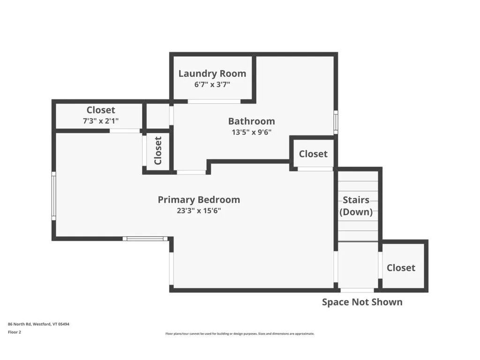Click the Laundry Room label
coord(212,74)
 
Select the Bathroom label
coord(251,121)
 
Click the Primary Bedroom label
coord(199,200)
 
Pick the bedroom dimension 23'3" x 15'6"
coord(199,210)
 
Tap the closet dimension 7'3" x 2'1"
coord(100,120)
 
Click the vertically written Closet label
coord(158,150)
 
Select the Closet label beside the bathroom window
coord(313,154)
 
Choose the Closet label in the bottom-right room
coord(401,268)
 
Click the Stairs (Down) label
coord(356,206)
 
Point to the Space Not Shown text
coord(362,302)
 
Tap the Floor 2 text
coord(15,332)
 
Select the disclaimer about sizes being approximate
coord(240,334)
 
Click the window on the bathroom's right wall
coord(336,122)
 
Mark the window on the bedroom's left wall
coord(54,195)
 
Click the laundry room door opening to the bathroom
coord(214,101)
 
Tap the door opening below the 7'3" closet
coord(125,131)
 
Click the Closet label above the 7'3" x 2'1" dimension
coord(100,110)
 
